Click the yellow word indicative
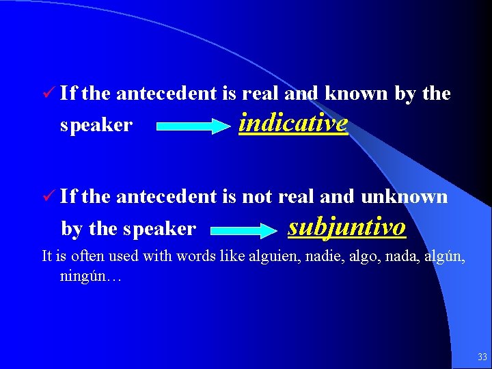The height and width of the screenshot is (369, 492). [293, 124]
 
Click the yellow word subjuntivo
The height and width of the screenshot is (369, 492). [347, 226]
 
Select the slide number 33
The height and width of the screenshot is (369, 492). [482, 357]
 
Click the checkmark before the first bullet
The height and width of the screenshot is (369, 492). [47, 94]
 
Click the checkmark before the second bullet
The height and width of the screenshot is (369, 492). [47, 197]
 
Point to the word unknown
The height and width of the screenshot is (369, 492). [404, 197]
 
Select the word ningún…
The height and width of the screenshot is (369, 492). [90, 277]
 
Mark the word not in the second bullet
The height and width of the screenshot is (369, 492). [257, 197]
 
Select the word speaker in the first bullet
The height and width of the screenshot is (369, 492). [96, 126]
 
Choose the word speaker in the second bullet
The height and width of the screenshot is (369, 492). [159, 229]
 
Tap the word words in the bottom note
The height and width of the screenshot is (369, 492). [195, 257]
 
